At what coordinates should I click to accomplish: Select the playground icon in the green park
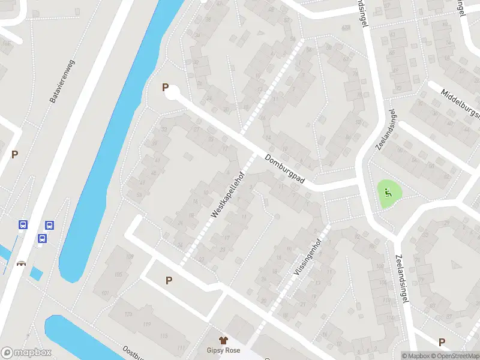point(388,193)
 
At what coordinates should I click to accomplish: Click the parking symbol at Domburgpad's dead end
point(165,88)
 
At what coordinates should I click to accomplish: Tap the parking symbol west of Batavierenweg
point(14,154)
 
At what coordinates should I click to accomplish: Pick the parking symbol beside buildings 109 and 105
point(169,280)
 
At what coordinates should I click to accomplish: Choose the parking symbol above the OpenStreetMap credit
point(442,342)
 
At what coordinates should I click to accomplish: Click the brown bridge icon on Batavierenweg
point(22,263)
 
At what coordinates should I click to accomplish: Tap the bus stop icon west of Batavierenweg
point(23,225)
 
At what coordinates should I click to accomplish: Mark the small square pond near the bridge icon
point(36,273)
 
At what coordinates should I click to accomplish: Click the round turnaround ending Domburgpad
point(172,94)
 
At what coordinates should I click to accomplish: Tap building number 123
point(128,314)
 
